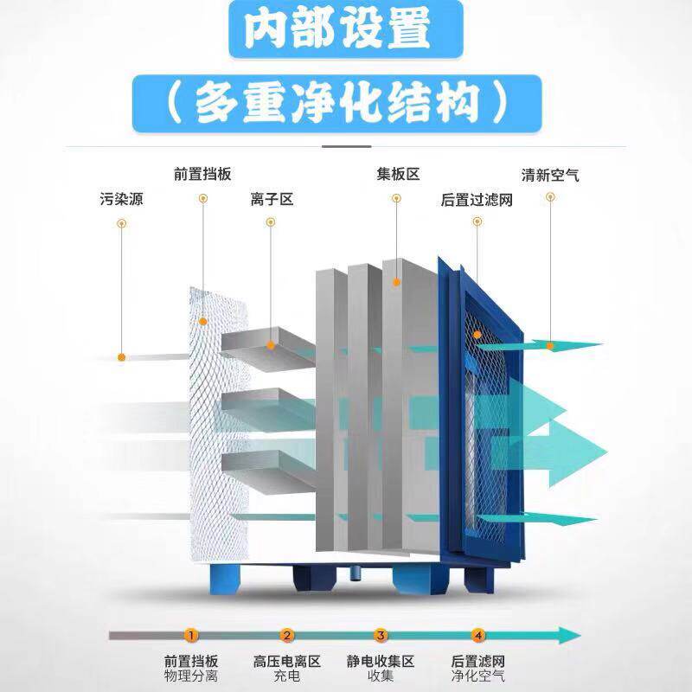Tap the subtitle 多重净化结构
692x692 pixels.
337,102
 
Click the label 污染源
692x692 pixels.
121,200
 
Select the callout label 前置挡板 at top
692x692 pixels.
202,174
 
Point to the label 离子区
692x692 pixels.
272,200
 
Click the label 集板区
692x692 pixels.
398,174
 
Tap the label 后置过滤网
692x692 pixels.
477,200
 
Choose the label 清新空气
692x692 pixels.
550,174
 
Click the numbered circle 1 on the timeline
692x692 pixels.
191,636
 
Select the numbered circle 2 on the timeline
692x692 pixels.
287,636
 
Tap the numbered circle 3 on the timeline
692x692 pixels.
381,636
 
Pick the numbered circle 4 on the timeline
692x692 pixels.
478,636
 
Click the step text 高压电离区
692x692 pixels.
287,662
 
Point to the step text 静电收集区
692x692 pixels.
381,662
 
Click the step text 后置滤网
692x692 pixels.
478,662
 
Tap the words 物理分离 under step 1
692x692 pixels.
191,676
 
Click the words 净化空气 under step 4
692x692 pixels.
478,676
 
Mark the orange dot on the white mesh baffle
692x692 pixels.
203,320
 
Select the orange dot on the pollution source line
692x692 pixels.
123,356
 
